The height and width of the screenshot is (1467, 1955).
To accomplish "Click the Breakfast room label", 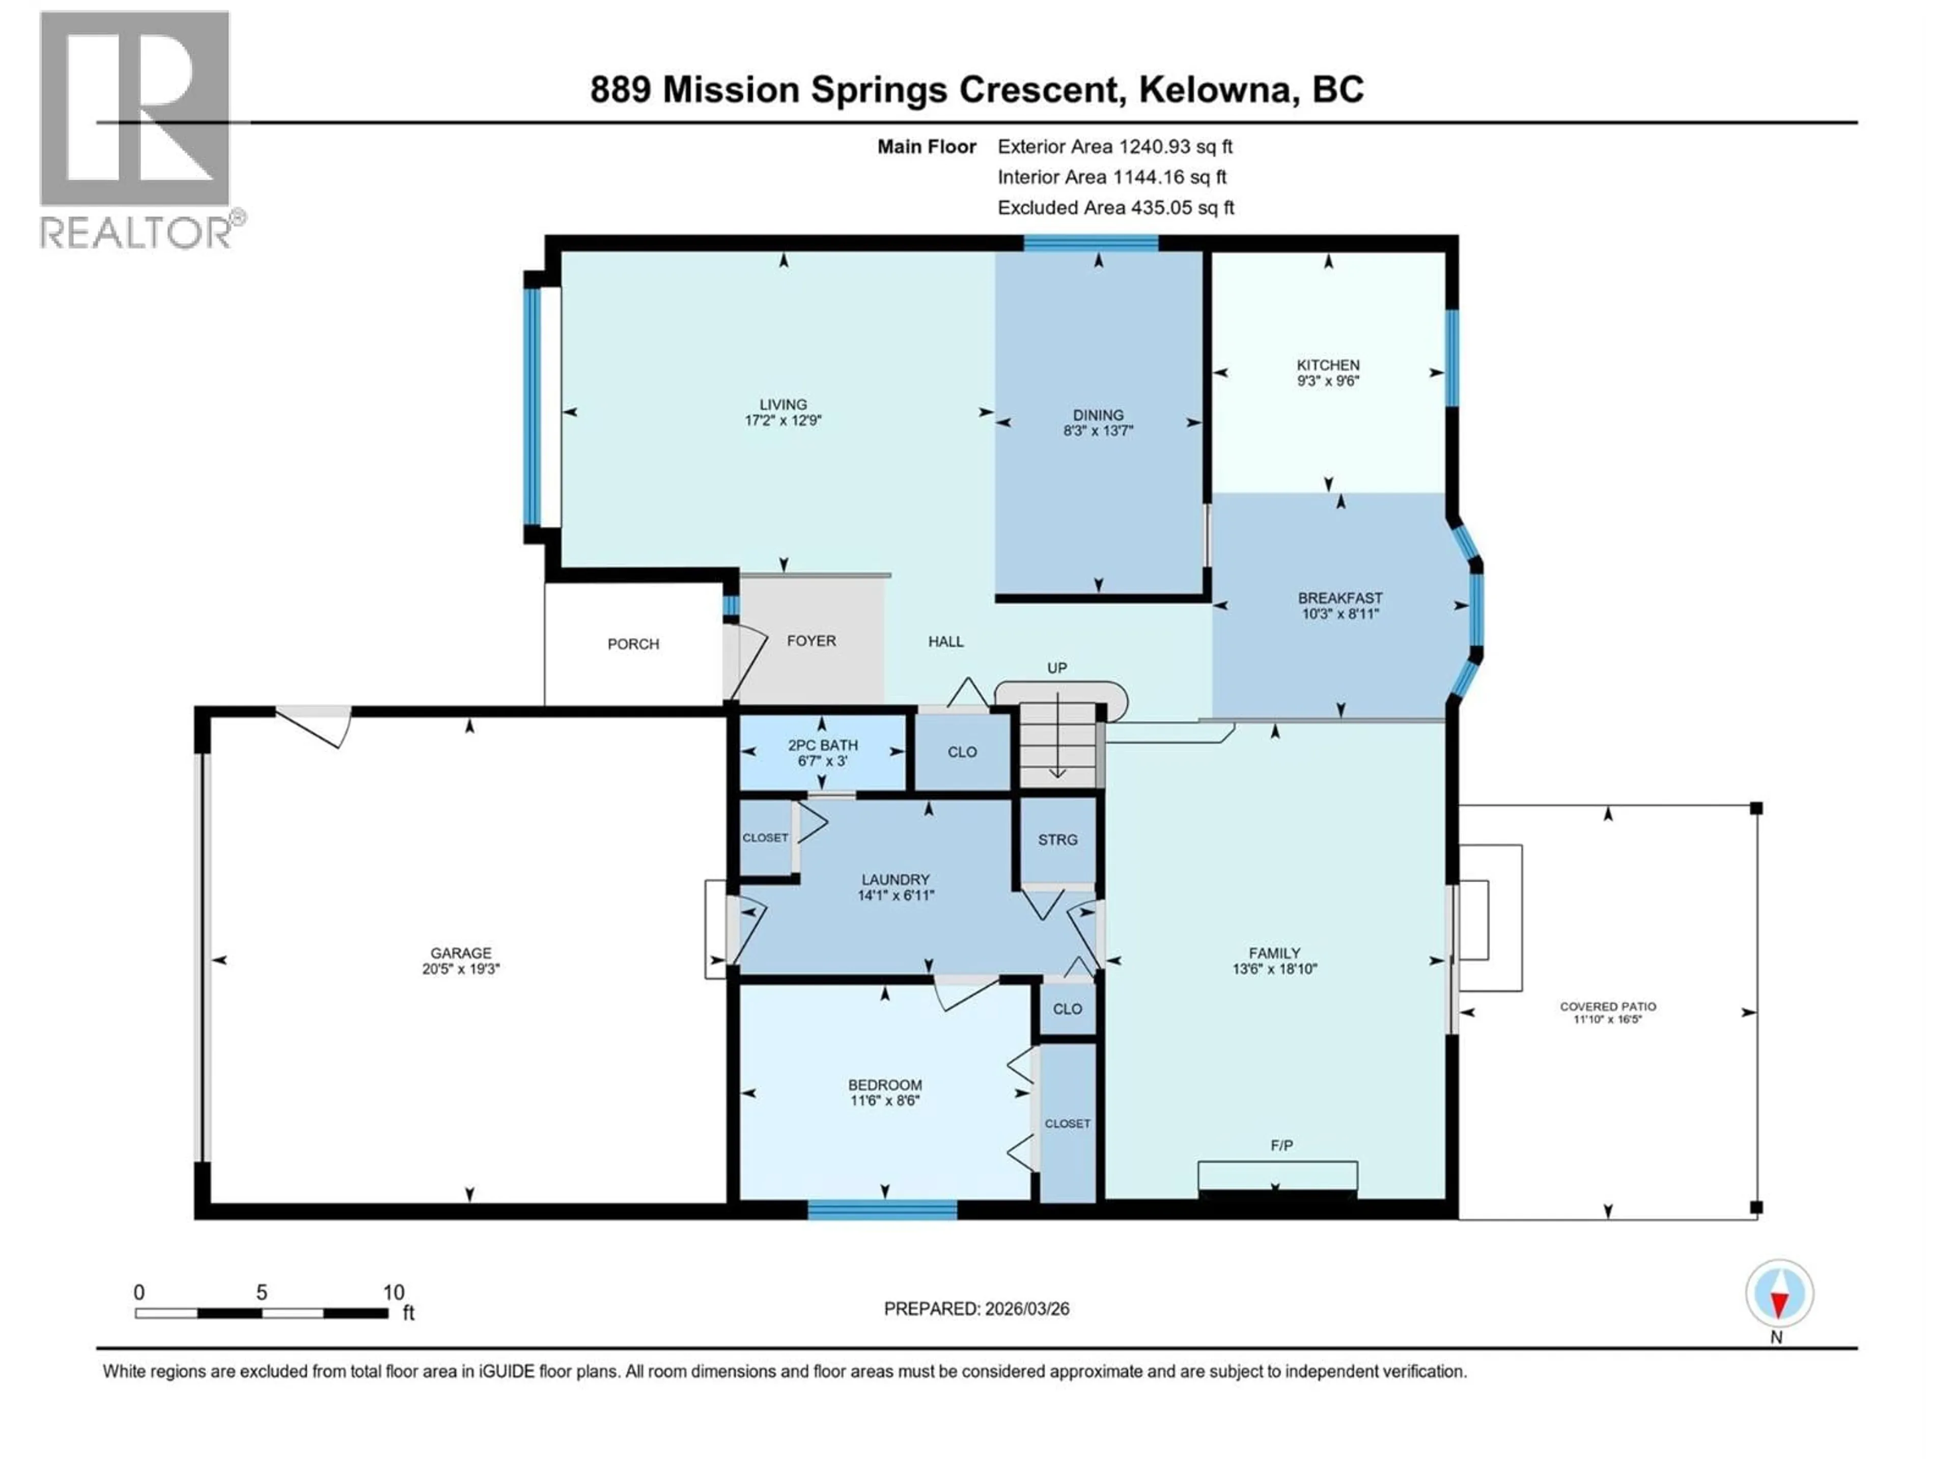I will point(1340,599).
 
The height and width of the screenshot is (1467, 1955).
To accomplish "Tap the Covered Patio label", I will point(1608,1007).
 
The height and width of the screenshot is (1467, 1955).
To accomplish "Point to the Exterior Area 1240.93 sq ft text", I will point(1114,147).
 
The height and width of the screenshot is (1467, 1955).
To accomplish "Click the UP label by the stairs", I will point(1057,668).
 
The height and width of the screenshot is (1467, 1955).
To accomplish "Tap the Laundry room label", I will point(896,880).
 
